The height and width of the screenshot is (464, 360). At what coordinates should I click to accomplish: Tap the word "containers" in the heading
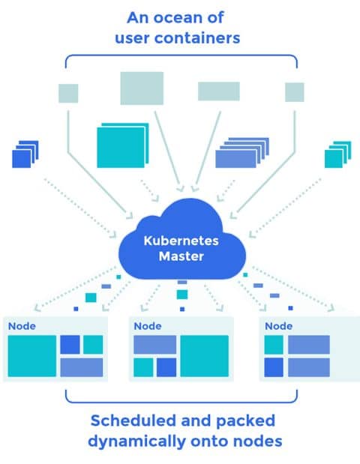pos(197,38)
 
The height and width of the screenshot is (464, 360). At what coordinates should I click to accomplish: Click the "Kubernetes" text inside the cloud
pos(181,241)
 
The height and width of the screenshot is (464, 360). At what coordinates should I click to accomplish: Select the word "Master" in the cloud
pos(181,256)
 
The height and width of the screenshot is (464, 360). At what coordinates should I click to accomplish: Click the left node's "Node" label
pos(22,326)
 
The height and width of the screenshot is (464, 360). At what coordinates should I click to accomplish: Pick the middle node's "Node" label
pos(148,326)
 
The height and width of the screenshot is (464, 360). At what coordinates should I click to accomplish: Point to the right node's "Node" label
pos(278,326)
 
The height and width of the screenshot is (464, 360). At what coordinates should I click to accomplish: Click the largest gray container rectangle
pos(142,88)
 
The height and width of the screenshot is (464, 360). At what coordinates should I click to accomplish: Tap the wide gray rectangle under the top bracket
pos(219,91)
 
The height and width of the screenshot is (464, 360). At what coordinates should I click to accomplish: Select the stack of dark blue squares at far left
pos(25,154)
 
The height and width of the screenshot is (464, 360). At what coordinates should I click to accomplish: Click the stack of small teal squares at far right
pos(337,154)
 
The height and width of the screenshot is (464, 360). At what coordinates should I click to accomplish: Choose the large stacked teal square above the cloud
pos(122,145)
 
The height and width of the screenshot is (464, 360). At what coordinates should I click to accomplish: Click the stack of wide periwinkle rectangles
pos(241,153)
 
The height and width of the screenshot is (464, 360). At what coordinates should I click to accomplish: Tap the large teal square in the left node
pos(32,356)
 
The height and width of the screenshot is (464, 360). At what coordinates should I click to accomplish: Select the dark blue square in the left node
pos(70,345)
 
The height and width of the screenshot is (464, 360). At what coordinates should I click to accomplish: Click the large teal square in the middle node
pos(204,356)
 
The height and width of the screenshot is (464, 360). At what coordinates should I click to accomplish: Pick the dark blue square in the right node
pos(274,367)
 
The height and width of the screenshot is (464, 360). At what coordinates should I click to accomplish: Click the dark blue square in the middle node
pos(166,367)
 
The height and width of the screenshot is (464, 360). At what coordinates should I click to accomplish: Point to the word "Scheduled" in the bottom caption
pos(133,421)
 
